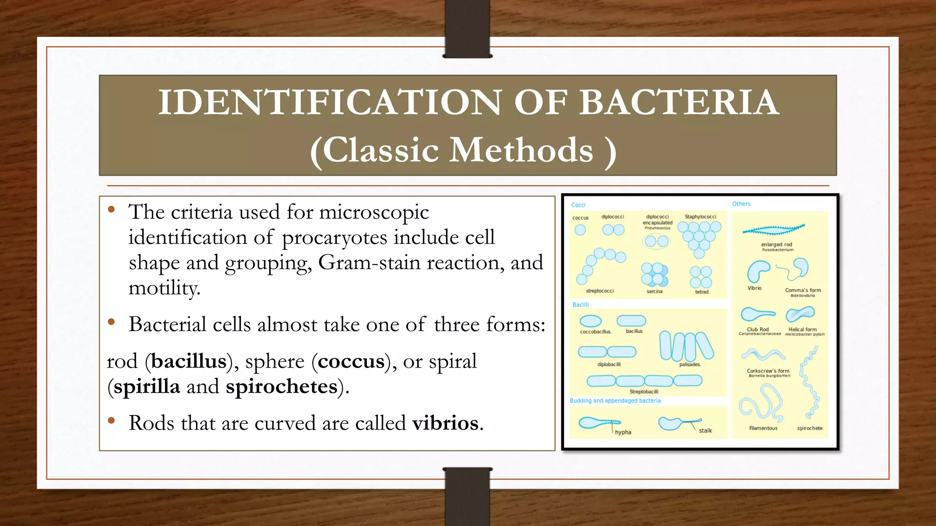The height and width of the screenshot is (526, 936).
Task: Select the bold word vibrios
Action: point(446,423)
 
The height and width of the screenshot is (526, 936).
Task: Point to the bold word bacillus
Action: point(189,361)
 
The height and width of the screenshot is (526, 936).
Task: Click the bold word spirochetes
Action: point(282,386)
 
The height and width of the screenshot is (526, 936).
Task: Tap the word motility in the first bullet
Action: point(164,288)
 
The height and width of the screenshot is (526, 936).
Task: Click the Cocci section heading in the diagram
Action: point(578,205)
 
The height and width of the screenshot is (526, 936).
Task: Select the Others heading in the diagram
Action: point(741,204)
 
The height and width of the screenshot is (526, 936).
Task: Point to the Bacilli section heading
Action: point(580,305)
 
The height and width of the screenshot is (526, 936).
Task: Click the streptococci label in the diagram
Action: point(600,291)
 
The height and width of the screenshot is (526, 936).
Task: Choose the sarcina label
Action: point(654,291)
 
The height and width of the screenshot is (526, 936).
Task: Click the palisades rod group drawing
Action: point(686,346)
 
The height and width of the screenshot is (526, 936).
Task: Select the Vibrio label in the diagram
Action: point(754,288)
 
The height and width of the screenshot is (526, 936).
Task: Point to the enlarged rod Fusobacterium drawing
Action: point(773,229)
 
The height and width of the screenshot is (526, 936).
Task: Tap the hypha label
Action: point(623,432)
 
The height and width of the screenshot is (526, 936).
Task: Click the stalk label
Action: point(705,431)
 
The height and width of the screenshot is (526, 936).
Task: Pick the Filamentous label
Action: point(763,428)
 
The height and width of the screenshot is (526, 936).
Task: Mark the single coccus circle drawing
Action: point(580,230)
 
